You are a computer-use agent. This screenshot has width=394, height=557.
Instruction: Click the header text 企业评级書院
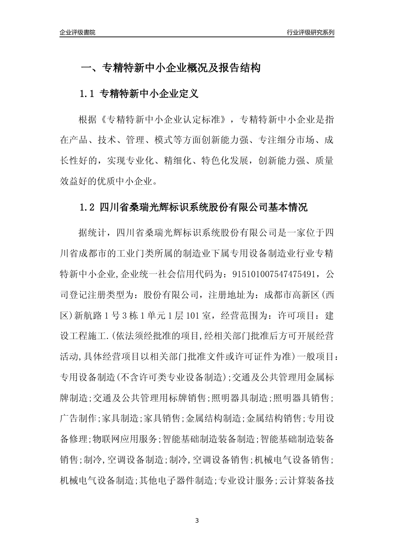tap(78, 32)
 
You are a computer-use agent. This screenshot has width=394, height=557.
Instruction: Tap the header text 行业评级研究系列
tap(310, 32)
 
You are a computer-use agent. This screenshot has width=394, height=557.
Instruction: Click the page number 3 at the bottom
tap(197, 520)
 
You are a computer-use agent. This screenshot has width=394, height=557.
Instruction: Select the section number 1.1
tap(87, 94)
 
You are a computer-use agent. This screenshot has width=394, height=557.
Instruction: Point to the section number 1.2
tap(87, 207)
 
